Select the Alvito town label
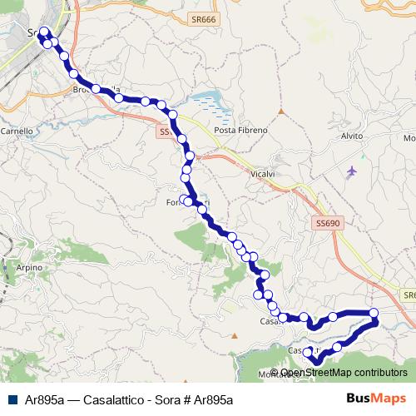[354, 135]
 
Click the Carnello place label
[17, 131]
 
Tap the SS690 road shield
[329, 223]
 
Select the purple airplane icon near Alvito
[351, 171]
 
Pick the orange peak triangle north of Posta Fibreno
[282, 109]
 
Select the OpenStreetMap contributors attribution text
[343, 372]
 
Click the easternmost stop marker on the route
[374, 314]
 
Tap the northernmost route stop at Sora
[43, 33]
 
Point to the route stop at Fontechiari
[189, 201]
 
